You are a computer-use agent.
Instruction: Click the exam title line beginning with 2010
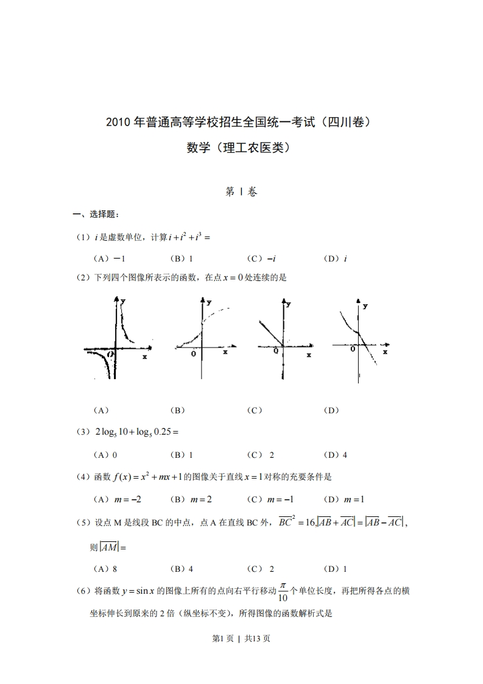tap(241, 122)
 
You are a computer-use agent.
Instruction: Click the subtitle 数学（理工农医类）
tap(241, 148)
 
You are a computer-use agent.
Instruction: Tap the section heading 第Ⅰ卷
tap(241, 192)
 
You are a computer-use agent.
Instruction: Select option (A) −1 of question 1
tap(109, 258)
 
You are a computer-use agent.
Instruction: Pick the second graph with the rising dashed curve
tap(201, 333)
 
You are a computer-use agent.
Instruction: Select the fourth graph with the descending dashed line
tap(359, 336)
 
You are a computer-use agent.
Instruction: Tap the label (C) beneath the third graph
tap(255, 410)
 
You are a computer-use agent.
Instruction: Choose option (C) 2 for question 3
tap(261, 455)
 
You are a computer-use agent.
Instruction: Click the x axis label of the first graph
tap(145, 356)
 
